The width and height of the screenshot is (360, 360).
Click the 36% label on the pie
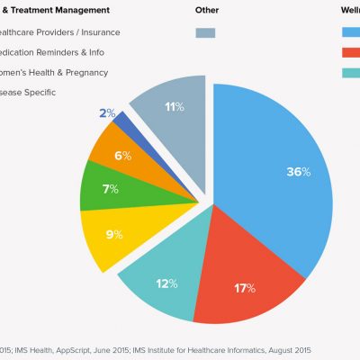tap(299, 172)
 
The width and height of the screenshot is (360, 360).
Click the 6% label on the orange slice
tap(121, 156)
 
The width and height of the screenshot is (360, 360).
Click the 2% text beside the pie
tap(107, 113)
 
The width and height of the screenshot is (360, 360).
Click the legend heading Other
tap(207, 10)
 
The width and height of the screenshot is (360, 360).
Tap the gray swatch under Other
tap(206, 32)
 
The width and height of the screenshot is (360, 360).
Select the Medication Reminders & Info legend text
tap(63, 51)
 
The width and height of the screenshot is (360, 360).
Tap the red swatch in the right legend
tap(352, 51)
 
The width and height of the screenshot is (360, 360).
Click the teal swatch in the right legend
tap(352, 71)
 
